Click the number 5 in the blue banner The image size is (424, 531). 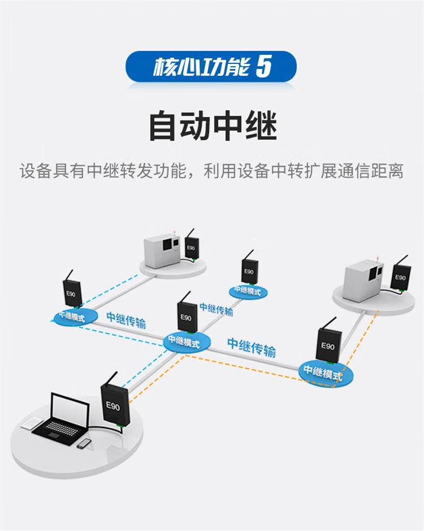coord(264,67)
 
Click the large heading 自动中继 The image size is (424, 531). coord(213,126)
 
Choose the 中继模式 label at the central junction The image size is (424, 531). coord(184,342)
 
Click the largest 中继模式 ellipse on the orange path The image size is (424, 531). coord(326,371)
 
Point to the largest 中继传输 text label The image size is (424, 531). coord(252,347)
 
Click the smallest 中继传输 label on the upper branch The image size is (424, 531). coord(216,310)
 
